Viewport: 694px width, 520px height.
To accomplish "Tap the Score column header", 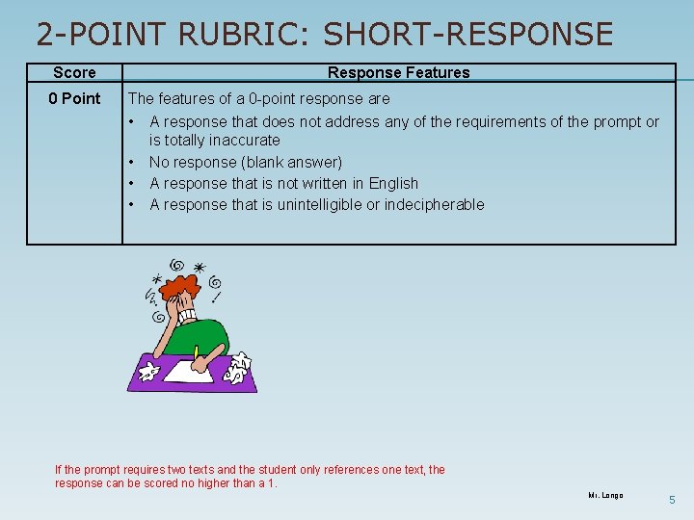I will click(x=74, y=72).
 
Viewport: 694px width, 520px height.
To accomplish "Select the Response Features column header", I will click(x=398, y=72).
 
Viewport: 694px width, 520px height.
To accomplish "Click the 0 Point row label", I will click(x=74, y=98).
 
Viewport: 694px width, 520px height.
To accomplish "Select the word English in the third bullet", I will click(x=393, y=183).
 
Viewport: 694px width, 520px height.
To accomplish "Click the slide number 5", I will click(x=673, y=500).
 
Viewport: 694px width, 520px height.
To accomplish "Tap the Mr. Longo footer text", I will click(x=605, y=495).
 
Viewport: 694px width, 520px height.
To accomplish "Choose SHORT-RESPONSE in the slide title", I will click(x=467, y=35).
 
